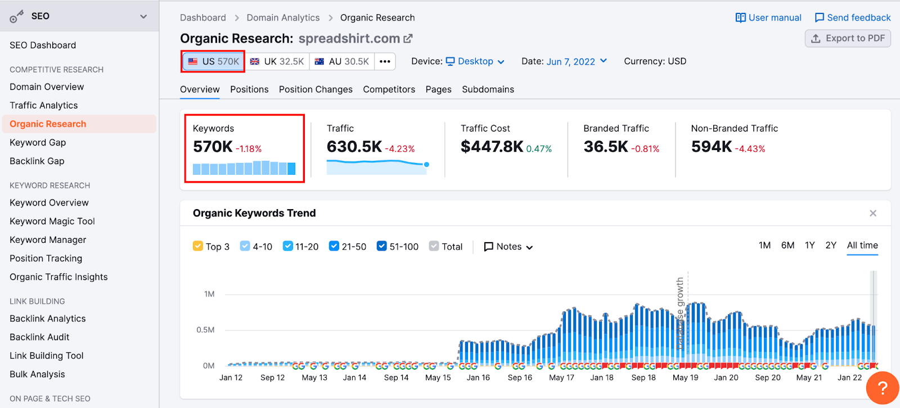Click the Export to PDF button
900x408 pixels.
848,38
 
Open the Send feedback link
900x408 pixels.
853,17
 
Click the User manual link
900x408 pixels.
768,17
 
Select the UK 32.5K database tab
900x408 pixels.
277,61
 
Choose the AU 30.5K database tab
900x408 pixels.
342,61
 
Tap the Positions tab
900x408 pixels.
249,89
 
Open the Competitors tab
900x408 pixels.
389,89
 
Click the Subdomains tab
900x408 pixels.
488,89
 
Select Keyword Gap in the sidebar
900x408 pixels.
38,143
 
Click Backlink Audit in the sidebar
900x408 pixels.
39,337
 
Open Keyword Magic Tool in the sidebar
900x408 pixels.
52,221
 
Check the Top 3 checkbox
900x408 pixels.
198,246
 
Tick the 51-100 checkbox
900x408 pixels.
382,246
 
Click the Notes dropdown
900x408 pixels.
508,247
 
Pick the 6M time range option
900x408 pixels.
787,246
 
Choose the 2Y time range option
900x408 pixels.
831,246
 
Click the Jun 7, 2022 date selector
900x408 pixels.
577,61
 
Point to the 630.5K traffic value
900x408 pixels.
354,147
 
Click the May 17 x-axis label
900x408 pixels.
561,378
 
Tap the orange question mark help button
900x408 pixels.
883,388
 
